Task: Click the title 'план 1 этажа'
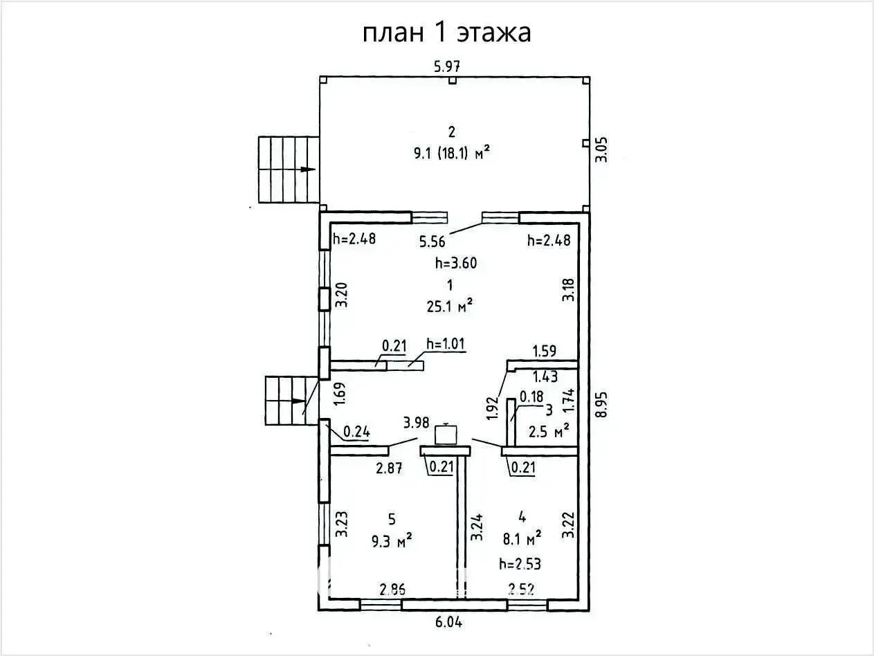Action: tap(447, 33)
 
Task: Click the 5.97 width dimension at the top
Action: tap(447, 67)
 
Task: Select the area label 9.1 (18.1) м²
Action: tap(451, 154)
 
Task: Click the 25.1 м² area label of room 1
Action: tap(450, 306)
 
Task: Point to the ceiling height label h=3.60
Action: tap(455, 263)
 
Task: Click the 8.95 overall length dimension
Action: tap(602, 403)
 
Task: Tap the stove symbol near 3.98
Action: tap(446, 435)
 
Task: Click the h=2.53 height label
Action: tap(520, 564)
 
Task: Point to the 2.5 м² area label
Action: tap(549, 432)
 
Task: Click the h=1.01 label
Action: tap(447, 344)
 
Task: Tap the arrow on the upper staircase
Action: tap(307, 170)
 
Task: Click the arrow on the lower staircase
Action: tap(298, 401)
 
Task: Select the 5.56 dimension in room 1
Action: tap(433, 241)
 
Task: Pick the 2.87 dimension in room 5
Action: tap(389, 468)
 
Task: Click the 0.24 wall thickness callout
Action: tap(356, 433)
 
